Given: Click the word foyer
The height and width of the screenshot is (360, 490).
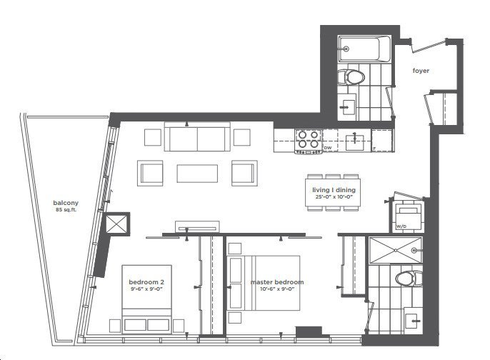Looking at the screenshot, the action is [x=421, y=71].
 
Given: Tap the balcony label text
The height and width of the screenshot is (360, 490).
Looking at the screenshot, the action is [x=66, y=203].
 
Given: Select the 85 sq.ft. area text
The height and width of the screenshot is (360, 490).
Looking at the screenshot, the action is [x=66, y=210].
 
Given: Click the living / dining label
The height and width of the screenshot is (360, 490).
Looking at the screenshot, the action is [x=334, y=190].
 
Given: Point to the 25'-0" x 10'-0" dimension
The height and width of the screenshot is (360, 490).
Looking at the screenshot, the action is [x=334, y=197].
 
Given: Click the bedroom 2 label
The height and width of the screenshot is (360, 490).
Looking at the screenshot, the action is [x=146, y=282].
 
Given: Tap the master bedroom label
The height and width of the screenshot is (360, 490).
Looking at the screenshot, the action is [x=277, y=282].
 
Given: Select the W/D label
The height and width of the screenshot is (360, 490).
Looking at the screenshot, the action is [x=401, y=226].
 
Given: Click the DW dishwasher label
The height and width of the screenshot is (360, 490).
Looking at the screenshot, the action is [x=328, y=148].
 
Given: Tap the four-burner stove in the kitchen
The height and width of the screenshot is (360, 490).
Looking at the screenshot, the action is [x=309, y=141].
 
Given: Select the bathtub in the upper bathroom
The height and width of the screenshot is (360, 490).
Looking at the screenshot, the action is [x=364, y=49].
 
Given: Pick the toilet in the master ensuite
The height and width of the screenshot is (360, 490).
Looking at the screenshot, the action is [x=409, y=278].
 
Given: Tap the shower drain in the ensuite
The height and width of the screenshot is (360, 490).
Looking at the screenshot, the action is [x=395, y=250].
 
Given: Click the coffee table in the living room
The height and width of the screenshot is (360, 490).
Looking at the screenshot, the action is [x=197, y=174].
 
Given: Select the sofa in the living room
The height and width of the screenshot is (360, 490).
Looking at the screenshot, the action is [x=197, y=137].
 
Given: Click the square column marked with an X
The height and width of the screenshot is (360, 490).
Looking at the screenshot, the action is [x=116, y=224].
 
